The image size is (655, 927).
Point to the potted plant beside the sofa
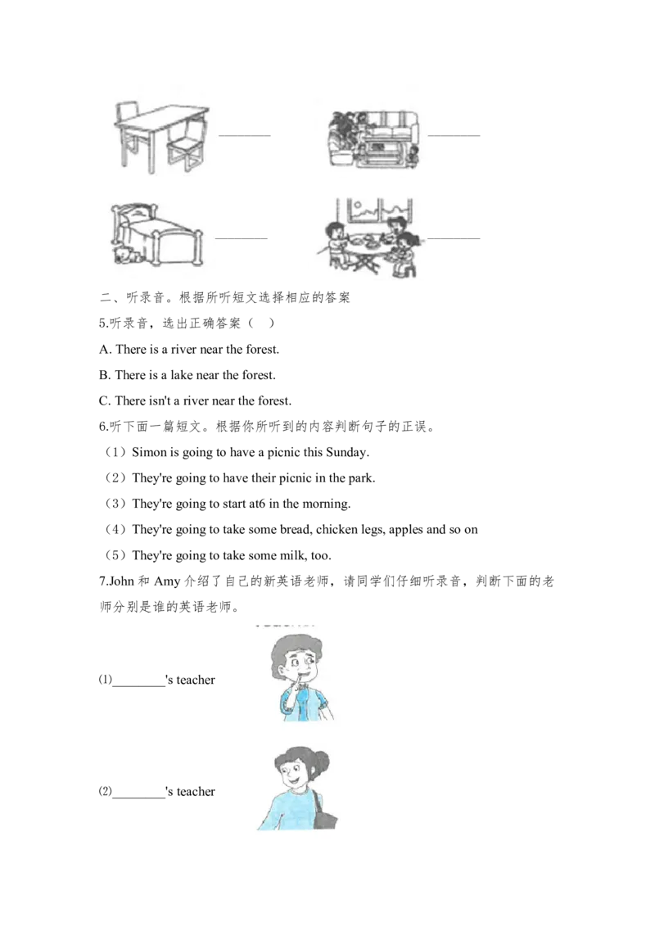tap(342, 127)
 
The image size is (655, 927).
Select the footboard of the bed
tap(180, 246)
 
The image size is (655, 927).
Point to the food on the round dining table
tap(368, 240)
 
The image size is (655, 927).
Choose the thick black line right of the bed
tap(262, 239)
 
